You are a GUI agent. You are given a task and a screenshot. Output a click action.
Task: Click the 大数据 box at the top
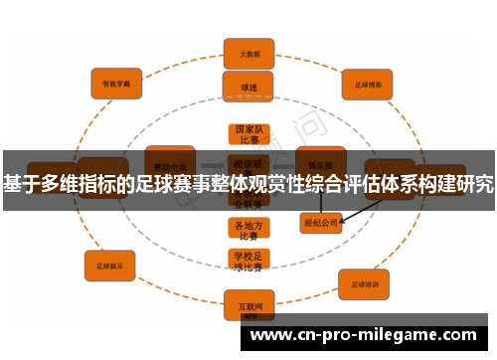(x=248, y=53)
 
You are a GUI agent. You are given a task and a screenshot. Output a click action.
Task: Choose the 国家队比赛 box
(x=248, y=134)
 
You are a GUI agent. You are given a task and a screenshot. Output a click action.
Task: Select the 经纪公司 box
(x=321, y=224)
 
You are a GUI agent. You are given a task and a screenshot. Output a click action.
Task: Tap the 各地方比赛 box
(x=248, y=231)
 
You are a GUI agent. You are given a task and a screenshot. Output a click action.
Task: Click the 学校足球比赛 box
(x=248, y=262)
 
